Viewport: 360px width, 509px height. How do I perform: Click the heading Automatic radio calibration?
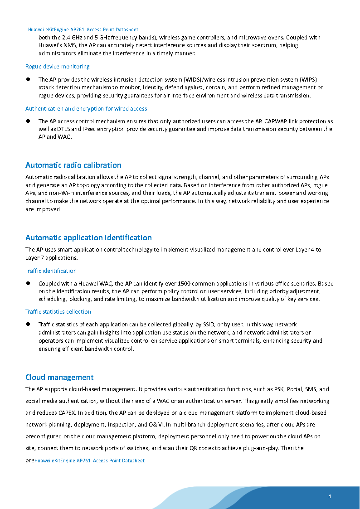[x=73, y=165]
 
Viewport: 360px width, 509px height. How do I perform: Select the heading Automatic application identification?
[x=88, y=238]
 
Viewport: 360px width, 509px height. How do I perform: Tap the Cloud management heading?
[x=59, y=377]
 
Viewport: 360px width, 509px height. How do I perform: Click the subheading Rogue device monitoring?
[x=58, y=67]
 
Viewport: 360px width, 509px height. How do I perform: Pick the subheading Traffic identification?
[x=51, y=271]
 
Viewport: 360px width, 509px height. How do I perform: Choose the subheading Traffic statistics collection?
[x=58, y=312]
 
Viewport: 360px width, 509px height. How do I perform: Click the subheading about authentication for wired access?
[x=86, y=109]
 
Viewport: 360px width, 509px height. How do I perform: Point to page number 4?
[x=330, y=496]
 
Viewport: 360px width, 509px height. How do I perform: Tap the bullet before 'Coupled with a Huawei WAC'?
[x=28, y=283]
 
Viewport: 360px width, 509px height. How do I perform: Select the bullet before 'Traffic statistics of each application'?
[x=28, y=324]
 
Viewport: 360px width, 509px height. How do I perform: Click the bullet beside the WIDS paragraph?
[x=28, y=79]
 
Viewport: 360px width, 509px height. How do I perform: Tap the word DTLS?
[x=64, y=129]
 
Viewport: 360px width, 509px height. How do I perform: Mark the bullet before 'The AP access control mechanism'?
[x=28, y=121]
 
